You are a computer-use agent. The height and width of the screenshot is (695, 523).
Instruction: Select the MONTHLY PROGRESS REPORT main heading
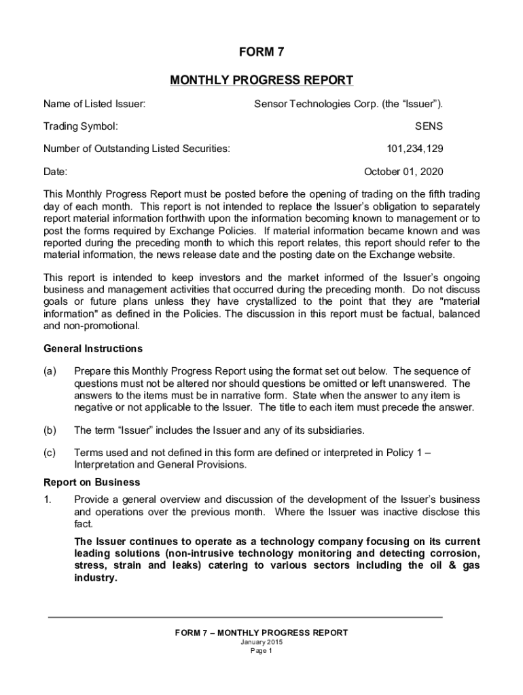pos(261,81)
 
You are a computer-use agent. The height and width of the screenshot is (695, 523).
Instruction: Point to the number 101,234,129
pos(415,149)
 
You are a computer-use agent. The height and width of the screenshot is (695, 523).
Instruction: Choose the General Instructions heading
pos(93,349)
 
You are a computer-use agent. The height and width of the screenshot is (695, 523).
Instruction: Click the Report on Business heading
pos(92,483)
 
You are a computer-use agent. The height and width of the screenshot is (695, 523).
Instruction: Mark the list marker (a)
pos(50,371)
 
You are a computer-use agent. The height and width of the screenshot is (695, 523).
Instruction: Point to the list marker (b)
pos(50,430)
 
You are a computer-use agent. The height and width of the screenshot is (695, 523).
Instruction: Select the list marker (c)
pos(50,453)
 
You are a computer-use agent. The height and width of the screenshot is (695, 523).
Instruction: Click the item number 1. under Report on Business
pos(48,500)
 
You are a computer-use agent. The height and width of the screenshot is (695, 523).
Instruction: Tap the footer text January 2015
pos(261,642)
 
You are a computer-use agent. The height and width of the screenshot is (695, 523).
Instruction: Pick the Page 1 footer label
pos(261,651)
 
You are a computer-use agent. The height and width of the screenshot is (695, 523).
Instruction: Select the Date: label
pos(55,171)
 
